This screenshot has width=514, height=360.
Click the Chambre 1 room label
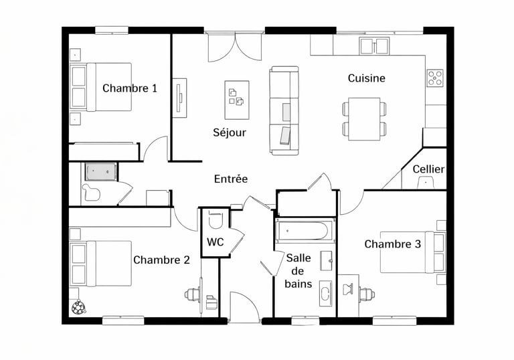[x=129, y=88]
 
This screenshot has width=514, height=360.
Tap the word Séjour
[x=230, y=132]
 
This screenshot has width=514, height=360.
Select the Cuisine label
[x=367, y=78]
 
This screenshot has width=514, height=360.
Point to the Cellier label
[x=428, y=169]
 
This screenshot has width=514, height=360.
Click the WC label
[x=216, y=242]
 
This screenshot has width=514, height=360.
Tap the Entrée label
[x=231, y=179]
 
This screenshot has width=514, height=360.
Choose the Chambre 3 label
[x=392, y=244]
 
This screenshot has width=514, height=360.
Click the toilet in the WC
[x=216, y=220]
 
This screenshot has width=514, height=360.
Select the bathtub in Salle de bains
[x=301, y=231]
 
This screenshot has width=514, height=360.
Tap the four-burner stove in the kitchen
[x=435, y=78]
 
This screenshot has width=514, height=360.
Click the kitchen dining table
[x=364, y=118]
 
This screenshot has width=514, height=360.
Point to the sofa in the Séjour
[x=284, y=110]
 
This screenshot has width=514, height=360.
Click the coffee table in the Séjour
[x=237, y=100]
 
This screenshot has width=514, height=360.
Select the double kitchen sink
[x=374, y=46]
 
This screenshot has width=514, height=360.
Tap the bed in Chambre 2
[x=100, y=264]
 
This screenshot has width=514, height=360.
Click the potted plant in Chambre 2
[x=79, y=308]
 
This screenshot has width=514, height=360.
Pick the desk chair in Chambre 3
[x=367, y=294]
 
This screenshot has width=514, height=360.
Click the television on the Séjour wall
[x=179, y=98]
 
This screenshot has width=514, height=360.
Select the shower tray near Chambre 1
[x=100, y=172]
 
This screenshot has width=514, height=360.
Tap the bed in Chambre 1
[x=100, y=87]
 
